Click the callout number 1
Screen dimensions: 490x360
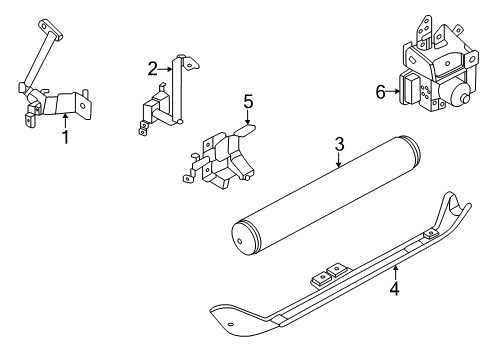(66, 137)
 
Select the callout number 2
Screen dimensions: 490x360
(153, 69)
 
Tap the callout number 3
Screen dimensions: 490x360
(339, 144)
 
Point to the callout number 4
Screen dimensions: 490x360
(395, 288)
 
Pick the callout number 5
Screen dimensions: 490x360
(248, 102)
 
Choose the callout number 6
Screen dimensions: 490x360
(380, 92)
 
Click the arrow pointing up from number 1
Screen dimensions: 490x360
(66, 121)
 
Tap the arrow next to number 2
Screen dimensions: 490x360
(165, 69)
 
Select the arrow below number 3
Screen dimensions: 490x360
(339, 160)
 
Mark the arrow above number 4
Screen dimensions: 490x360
(395, 272)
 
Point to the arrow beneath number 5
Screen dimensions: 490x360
(248, 117)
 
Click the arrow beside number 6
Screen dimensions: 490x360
(393, 91)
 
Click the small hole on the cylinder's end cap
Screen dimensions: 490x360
(240, 241)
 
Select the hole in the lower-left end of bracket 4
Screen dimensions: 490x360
(230, 324)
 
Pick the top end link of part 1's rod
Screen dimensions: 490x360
(51, 30)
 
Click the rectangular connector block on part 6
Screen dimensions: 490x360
(412, 89)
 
